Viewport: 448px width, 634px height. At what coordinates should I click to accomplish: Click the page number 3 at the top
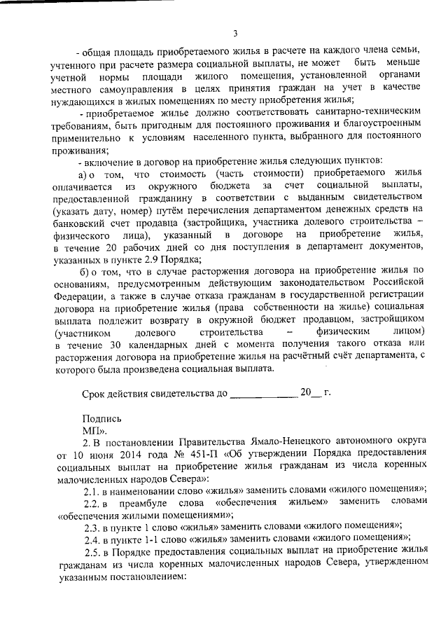click(235, 33)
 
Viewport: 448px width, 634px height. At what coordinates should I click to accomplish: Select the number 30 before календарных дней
click(122, 344)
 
